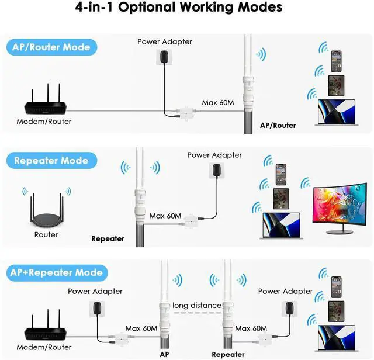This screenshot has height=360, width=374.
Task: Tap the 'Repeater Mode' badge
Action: [x=51, y=161]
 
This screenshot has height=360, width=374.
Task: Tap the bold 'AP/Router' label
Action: [x=278, y=125]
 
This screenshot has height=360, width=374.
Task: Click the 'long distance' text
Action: [x=197, y=305]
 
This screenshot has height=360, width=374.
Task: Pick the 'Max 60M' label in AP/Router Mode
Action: [x=218, y=103]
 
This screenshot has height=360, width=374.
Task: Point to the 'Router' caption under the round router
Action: [x=46, y=234]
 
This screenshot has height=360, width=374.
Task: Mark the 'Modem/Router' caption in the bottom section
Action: [x=44, y=347]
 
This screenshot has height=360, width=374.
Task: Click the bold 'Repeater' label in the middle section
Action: [x=108, y=238]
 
